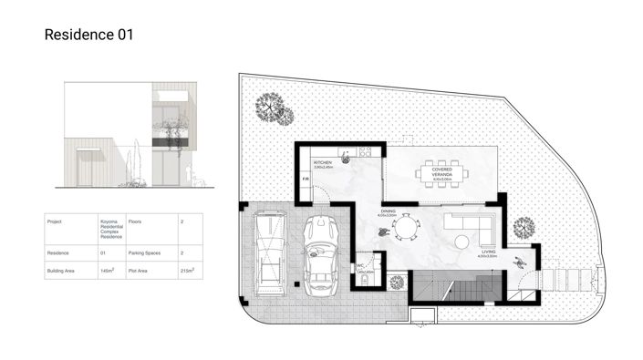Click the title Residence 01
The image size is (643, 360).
88,36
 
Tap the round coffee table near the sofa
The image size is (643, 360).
463,242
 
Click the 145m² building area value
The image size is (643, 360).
108,271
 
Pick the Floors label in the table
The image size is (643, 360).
136,221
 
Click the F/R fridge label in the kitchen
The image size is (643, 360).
306,179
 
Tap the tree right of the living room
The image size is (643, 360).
524,227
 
